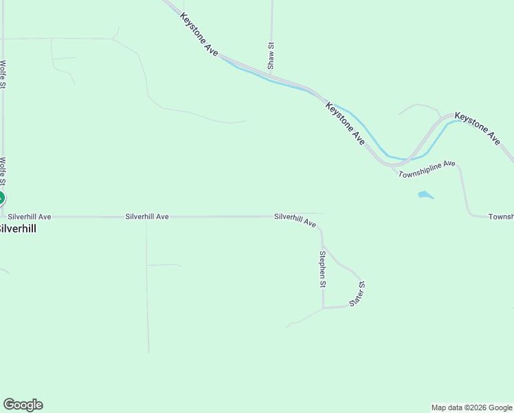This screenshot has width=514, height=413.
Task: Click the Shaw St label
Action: [271, 56]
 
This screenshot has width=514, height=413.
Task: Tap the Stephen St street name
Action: [322, 268]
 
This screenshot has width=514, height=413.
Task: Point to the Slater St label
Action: [357, 294]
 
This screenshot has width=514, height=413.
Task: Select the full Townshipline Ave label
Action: [427, 168]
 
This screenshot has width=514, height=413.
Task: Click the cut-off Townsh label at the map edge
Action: [501, 217]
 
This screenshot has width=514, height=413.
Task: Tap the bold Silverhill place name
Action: [18, 229]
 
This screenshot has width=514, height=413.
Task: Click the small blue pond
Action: [425, 195]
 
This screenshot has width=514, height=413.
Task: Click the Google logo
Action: [23, 405]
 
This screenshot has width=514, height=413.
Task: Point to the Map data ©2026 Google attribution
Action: [471, 407]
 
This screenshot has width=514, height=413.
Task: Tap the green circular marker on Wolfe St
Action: [1, 198]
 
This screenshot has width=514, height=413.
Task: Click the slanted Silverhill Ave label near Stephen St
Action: [295, 220]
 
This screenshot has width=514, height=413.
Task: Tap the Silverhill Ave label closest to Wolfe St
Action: [30, 216]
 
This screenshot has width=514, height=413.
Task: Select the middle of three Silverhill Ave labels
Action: [147, 216]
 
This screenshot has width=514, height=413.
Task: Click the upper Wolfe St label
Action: [3, 74]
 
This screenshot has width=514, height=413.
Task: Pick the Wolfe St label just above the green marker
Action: [3, 172]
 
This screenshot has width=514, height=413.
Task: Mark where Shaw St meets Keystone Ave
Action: [271, 72]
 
